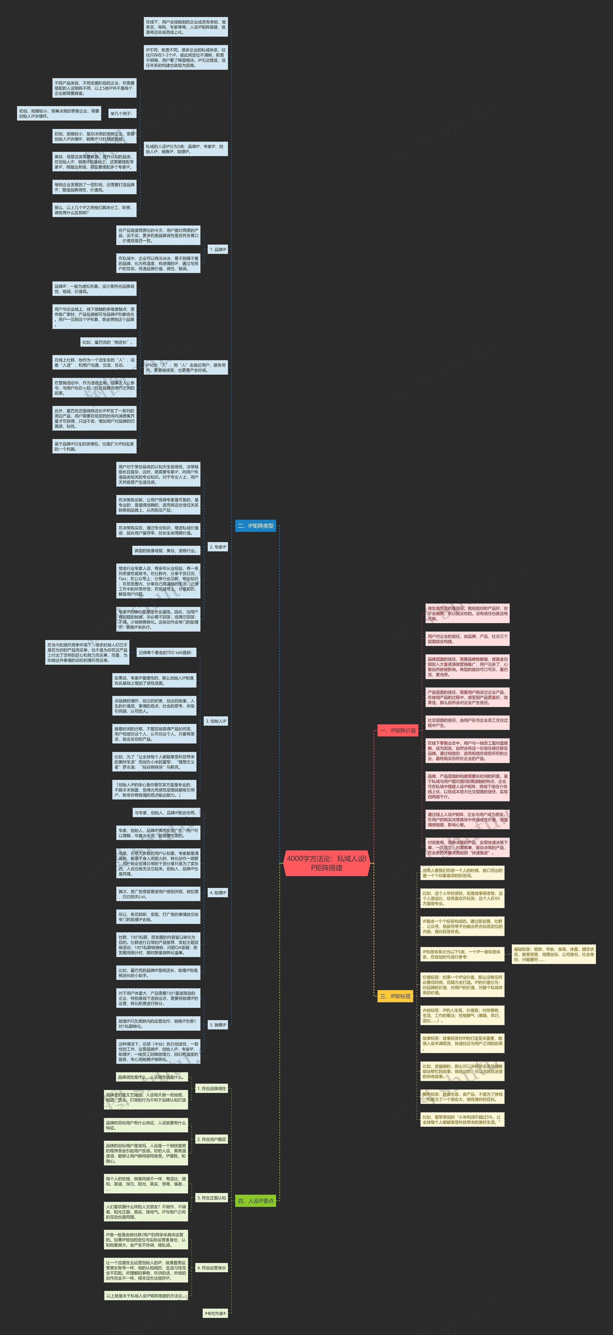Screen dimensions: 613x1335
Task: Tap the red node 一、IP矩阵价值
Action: [397, 730]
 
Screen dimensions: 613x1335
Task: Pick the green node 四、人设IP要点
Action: [255, 1201]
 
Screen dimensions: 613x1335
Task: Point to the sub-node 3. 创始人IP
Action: [216, 721]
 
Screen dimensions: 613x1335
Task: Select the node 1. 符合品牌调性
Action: [211, 1088]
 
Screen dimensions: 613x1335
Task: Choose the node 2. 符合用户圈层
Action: [211, 1139]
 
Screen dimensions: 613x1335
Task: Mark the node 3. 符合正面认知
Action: [211, 1198]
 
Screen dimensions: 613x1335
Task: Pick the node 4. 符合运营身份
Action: [211, 1268]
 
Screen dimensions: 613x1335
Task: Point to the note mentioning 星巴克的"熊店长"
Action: [108, 342]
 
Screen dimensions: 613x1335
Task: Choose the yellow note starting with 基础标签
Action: [553, 954]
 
